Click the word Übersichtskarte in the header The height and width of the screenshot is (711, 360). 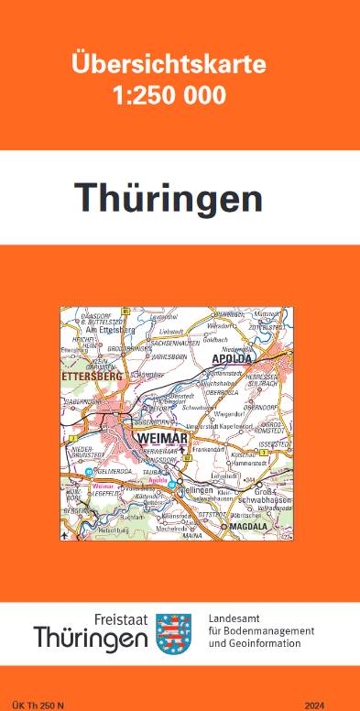[169, 65]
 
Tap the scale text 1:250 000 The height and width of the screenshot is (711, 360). [169, 95]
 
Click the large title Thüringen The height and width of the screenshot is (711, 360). [168, 197]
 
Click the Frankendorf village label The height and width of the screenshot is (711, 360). [210, 451]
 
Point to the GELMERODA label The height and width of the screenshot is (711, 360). [115, 471]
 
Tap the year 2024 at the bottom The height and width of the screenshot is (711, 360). [315, 704]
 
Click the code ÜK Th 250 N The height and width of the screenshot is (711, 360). [38, 704]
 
